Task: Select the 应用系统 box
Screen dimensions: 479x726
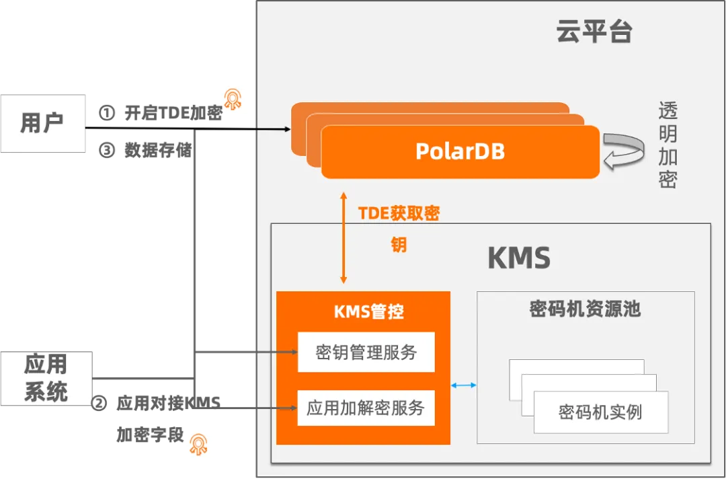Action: [x=46, y=378]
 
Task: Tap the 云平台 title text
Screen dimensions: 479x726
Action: [x=594, y=32]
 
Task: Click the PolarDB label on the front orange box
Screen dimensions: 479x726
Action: [x=460, y=151]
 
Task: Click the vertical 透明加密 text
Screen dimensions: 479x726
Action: [x=667, y=145]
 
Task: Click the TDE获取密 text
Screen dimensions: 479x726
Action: [x=399, y=214]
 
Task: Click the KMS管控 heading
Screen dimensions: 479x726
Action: [x=368, y=312]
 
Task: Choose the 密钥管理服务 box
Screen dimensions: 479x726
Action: [x=366, y=352]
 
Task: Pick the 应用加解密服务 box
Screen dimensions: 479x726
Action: [x=366, y=408]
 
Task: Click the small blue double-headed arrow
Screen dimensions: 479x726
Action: [x=464, y=385]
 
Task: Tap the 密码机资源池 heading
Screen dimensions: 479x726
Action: [x=585, y=309]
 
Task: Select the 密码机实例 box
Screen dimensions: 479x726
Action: [x=600, y=412]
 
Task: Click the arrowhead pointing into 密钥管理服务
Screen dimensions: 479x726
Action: [x=293, y=352]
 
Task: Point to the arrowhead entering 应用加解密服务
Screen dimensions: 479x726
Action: [x=293, y=408]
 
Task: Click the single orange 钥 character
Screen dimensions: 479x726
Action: [x=399, y=245]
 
